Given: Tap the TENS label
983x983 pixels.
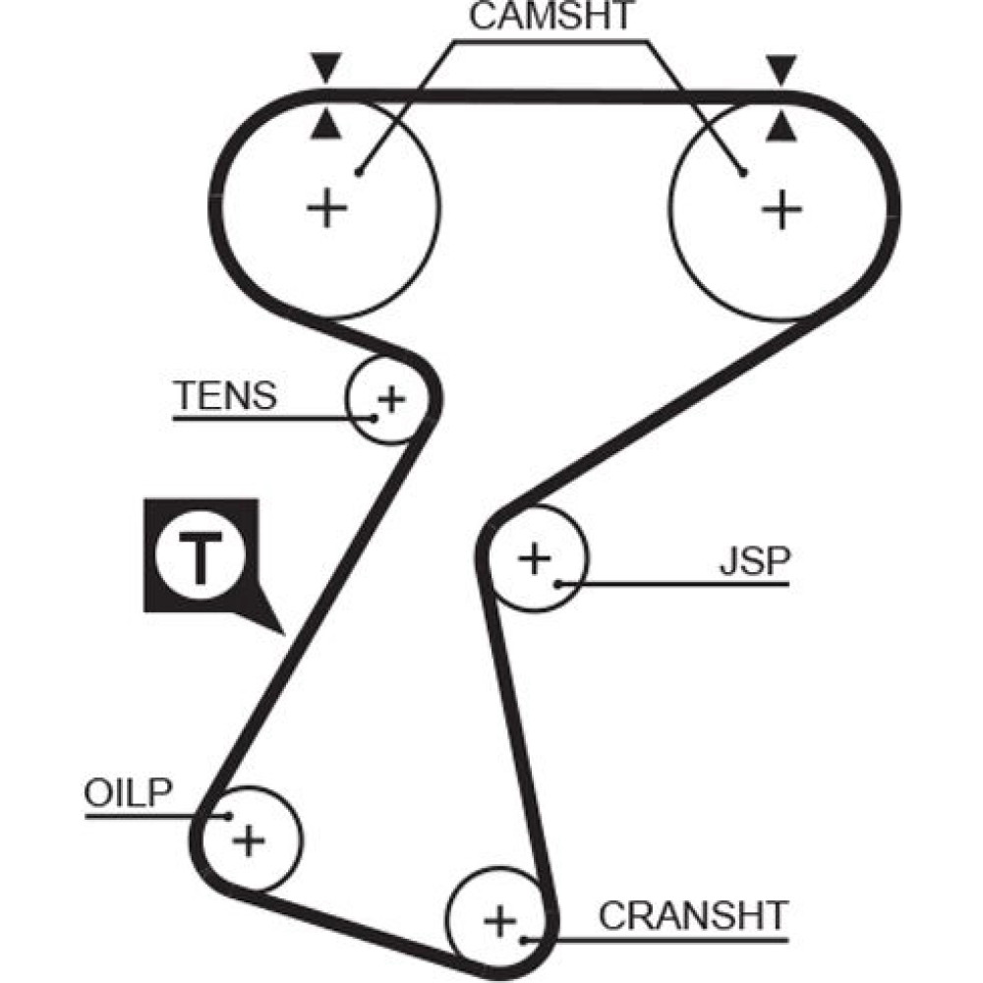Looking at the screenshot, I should tap(226, 396).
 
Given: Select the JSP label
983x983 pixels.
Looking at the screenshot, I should tap(754, 561).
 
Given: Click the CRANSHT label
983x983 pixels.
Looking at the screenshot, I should tap(694, 916).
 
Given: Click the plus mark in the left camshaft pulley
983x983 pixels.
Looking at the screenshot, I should tap(327, 208).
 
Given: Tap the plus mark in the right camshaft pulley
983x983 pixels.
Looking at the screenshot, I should tap(781, 209).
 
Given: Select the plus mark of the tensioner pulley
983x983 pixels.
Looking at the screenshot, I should tap(391, 399).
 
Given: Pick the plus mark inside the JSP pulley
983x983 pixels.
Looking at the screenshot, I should tap(535, 559).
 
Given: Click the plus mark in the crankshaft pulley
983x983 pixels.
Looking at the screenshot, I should tap(499, 922).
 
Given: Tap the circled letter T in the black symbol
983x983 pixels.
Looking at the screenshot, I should tap(200, 557).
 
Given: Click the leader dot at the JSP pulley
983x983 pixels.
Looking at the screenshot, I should tap(557, 585).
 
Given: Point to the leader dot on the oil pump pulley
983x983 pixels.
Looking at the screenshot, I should tap(228, 815).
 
